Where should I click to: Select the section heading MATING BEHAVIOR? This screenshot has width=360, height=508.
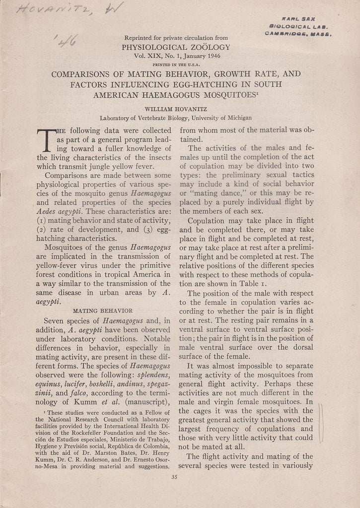coord(103,311)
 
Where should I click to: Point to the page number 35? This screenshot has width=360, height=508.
coord(173,478)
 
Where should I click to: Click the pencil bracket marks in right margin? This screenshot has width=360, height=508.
coord(321,423)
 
